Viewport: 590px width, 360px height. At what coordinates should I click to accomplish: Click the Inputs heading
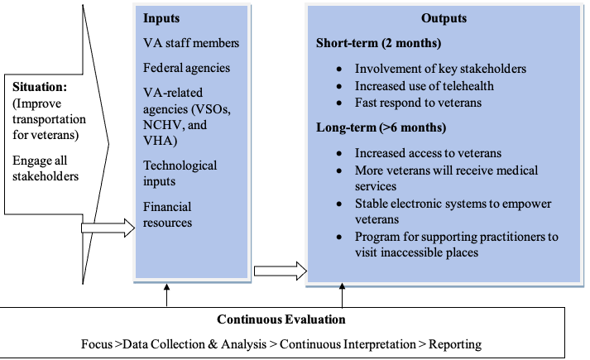coord(161,17)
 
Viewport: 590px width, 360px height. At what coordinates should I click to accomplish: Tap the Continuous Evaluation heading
coord(281,319)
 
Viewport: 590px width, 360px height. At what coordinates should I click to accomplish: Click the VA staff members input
coord(189,42)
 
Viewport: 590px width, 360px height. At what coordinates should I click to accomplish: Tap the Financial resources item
coord(168,214)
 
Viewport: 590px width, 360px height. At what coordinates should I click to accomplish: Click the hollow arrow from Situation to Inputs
coord(108,228)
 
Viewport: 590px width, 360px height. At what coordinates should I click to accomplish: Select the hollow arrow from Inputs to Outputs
coord(279,271)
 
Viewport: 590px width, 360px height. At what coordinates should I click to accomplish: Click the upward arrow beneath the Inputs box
coord(166,295)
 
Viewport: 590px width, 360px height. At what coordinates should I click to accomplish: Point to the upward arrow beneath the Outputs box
coord(342,295)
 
